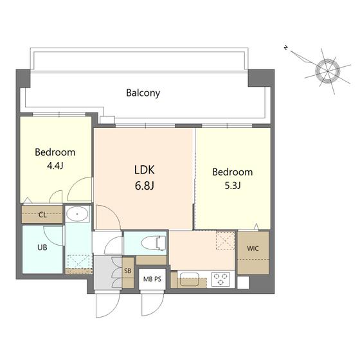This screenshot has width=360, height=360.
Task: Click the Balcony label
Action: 143,93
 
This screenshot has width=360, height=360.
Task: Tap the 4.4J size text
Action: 55,166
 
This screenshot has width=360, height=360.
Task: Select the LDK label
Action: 145,170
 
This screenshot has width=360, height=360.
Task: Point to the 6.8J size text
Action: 145,186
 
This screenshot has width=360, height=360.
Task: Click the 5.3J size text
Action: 233,186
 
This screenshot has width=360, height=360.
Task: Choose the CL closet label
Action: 42,215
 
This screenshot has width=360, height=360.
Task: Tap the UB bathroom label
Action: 42,248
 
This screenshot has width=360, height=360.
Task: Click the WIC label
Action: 253,248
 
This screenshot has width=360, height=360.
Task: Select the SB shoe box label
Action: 128,271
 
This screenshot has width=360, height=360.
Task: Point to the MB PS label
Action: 152,279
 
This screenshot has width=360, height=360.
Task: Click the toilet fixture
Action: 154,243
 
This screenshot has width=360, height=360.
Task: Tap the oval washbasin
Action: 77,213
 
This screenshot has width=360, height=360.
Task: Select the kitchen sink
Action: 190,279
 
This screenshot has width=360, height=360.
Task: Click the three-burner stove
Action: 221,279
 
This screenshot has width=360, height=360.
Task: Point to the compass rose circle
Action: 328,71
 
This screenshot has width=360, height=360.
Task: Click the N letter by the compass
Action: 286,48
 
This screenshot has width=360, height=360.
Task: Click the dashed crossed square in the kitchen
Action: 226,240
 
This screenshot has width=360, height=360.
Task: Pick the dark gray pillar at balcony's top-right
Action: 261,78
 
